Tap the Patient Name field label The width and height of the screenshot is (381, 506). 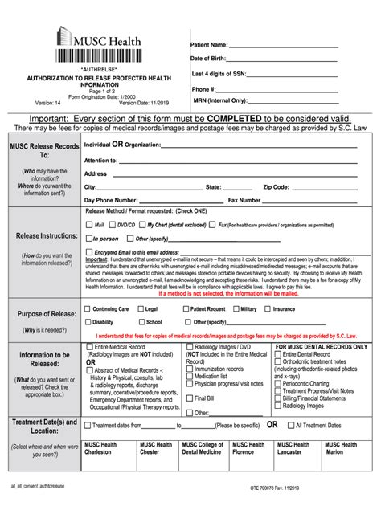[209, 45]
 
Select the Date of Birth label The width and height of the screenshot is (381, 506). [208, 59]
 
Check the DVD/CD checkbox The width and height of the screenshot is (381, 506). [113, 226]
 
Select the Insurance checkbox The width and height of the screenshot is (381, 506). [268, 308]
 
